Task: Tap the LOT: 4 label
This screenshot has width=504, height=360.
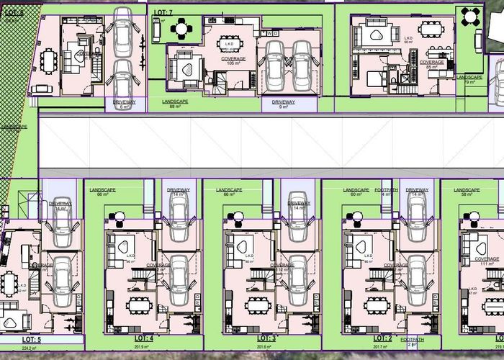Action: pos(143,338)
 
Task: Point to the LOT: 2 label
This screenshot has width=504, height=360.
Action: pos(382,338)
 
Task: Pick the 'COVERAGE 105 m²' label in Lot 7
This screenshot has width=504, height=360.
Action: pos(233,60)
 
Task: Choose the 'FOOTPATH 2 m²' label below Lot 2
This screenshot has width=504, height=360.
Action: pos(413,341)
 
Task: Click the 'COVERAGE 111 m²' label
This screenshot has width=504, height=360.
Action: pos(487,261)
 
